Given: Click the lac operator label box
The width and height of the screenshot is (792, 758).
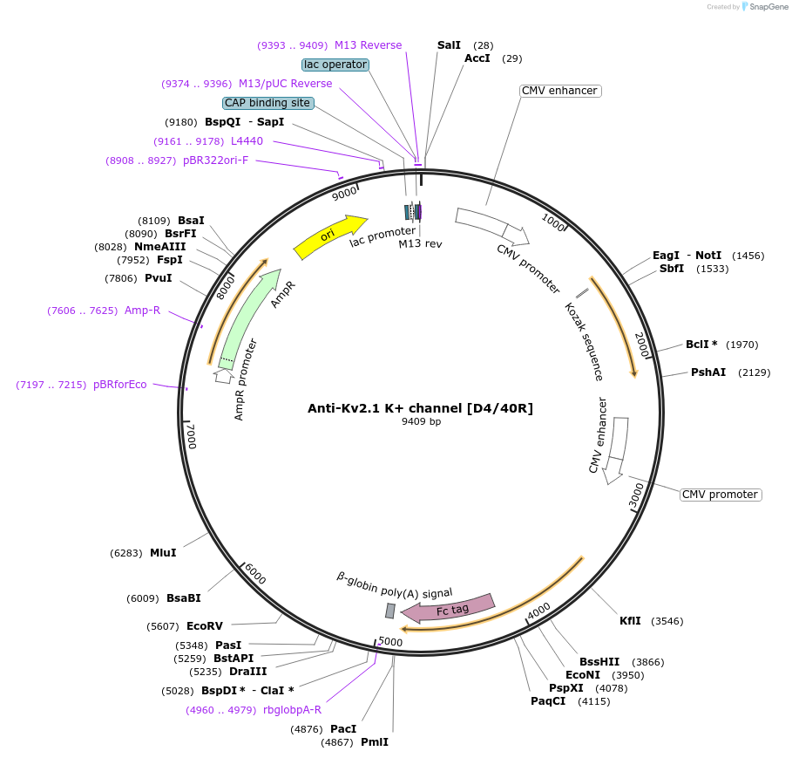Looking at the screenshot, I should point(335,65).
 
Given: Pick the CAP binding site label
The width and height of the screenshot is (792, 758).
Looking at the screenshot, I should point(267,103).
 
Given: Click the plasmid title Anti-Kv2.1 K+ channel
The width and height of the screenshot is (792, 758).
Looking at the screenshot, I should point(420,407).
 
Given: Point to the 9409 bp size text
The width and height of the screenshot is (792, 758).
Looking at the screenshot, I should point(421,422).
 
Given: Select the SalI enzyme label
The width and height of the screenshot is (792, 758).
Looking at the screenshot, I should point(449,44).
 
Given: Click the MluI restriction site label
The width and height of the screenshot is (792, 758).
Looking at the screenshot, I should point(163,552).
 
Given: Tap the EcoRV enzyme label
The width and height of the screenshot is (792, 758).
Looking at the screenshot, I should point(205,626).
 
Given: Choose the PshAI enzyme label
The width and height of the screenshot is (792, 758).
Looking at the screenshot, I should point(707,372).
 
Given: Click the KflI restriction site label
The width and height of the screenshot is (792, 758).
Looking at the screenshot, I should point(630,621).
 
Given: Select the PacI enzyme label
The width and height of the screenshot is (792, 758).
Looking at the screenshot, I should point(343,728).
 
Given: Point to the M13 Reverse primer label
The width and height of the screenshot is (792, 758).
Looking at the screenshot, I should point(368,45).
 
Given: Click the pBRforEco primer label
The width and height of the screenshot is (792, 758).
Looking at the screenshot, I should point(120,385).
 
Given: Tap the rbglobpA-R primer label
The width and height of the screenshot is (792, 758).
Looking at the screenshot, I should point(292,709).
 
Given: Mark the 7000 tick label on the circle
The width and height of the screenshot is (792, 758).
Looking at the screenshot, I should point(191,435).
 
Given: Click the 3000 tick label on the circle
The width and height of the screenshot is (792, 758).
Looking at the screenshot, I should point(636,495).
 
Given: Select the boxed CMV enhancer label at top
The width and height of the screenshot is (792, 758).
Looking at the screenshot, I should point(559,91).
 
